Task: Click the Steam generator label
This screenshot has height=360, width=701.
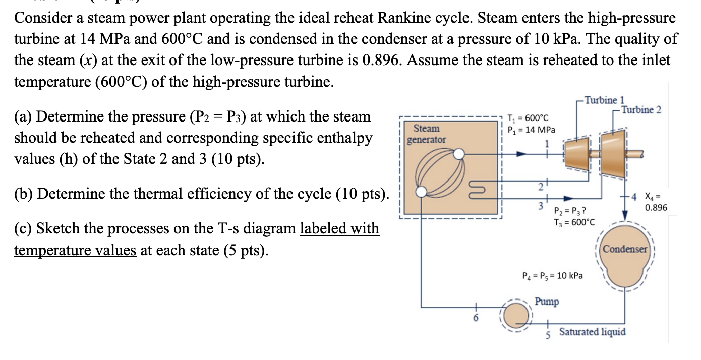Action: (x=426, y=134)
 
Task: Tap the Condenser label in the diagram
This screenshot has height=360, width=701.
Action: (x=625, y=249)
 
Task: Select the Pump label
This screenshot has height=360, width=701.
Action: (x=547, y=302)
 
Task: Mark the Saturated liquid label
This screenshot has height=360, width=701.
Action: (x=592, y=332)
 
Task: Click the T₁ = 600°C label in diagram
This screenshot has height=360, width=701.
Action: (x=528, y=118)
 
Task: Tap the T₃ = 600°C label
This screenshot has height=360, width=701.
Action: (x=574, y=222)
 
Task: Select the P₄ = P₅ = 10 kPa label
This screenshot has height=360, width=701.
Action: (x=552, y=276)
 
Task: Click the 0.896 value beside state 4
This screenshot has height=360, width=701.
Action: (x=656, y=208)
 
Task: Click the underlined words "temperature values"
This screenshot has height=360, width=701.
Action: (x=75, y=250)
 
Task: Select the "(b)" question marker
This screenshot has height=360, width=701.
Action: (x=24, y=194)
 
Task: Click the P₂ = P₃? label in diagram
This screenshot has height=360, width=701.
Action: (x=569, y=211)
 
